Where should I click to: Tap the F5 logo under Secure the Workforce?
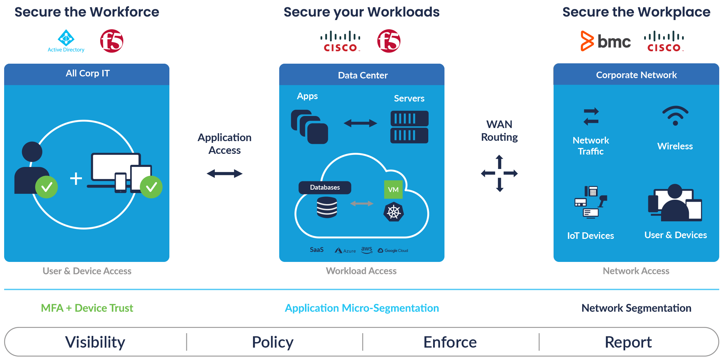coord(112,41)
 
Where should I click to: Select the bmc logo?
coord(606,41)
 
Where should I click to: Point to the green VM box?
coord(393,190)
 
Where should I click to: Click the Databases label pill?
coord(325,188)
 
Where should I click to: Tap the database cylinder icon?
coord(327,207)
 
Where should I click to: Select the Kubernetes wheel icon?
coord(394,212)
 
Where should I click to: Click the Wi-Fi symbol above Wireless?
coord(675,116)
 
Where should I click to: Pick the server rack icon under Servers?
coord(409,127)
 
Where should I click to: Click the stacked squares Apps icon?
coord(309,127)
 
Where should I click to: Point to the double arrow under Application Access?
coord(224,173)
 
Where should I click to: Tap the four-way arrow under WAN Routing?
coord(500,173)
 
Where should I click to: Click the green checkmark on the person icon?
coord(46,187)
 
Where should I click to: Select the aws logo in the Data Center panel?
coord(367,250)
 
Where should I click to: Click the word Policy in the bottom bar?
coord(273,342)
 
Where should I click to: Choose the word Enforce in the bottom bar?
coord(450,342)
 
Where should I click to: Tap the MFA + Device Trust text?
coord(87,308)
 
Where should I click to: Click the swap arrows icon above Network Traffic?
coord(591,116)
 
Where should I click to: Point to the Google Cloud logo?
coord(393,251)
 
